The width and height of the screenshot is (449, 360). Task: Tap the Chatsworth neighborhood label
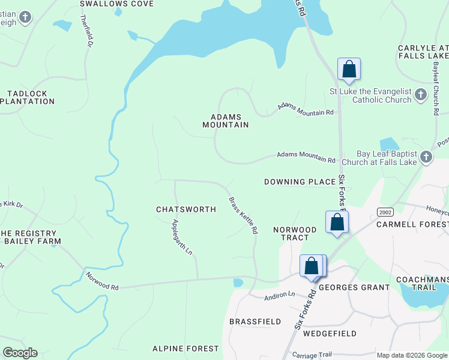[186, 209]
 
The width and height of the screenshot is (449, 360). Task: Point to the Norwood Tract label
[295, 234]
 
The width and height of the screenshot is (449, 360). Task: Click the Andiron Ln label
[280, 295]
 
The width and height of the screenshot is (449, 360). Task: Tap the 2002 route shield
[385, 212]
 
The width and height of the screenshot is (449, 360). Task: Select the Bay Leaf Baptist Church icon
[426, 157]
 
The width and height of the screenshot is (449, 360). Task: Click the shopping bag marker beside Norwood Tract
[337, 222]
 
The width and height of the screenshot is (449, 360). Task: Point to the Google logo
[20, 353]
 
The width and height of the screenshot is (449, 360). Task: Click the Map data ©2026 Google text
[412, 355]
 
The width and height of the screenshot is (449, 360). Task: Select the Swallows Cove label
[116, 4]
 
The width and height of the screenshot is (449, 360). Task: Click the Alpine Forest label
[185, 349]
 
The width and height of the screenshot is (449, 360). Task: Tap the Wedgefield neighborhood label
[330, 334]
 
